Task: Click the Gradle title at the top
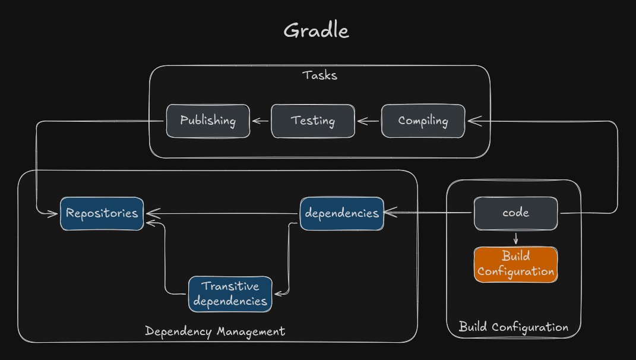316,30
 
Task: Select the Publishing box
208,121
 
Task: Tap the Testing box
313,121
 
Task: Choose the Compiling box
423,121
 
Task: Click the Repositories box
102,213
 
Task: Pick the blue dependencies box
341,213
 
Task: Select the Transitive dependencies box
230,294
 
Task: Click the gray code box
515,213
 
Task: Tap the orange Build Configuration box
515,264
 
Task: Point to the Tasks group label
320,75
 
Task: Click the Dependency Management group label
215,331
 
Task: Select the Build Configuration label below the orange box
513,327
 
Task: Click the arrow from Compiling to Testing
368,122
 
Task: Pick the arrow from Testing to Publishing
261,122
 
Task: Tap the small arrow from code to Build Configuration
515,238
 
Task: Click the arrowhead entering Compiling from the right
472,121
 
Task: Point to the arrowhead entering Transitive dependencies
277,292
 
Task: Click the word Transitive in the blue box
230,286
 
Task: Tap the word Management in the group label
249,331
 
